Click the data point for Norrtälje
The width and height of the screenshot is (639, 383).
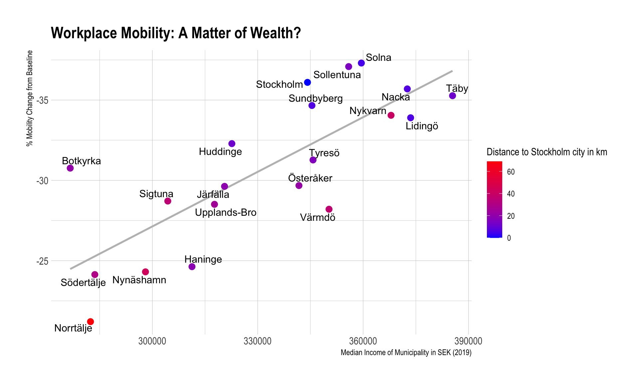point(91,321)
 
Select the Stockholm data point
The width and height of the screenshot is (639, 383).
point(308,82)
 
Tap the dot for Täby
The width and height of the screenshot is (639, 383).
point(452,96)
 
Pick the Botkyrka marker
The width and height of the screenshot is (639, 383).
point(70,168)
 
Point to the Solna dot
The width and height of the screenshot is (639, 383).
point(361,63)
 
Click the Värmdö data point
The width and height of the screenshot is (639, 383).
point(329,209)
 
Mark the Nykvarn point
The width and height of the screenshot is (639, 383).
point(391,115)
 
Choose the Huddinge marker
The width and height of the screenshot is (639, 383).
point(232,144)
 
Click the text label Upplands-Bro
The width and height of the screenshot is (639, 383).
point(226,212)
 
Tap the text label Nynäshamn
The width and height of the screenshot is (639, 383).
point(139,280)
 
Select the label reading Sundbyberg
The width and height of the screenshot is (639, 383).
point(316,98)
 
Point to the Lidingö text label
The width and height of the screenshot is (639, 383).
point(422,126)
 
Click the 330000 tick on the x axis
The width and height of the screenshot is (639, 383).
point(258,341)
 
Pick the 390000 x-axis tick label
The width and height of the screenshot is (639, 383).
point(468,341)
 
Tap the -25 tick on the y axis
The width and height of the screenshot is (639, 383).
point(42,261)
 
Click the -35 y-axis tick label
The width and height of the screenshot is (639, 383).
point(42,100)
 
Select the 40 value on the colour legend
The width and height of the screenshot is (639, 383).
point(511,194)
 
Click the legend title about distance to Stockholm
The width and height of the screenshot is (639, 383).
point(547,152)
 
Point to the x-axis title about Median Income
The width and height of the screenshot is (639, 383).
point(406,353)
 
